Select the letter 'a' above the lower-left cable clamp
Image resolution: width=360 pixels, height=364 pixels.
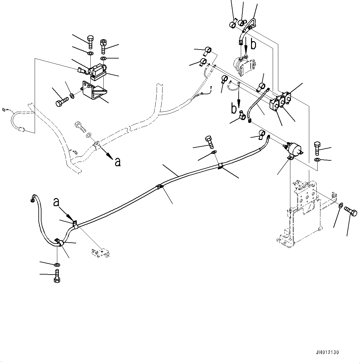coord(56,202)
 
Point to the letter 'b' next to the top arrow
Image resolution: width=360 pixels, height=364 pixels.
coord(253,45)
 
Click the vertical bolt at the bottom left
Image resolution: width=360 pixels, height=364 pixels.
coord(57,275)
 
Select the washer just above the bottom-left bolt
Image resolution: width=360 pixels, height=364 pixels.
coord(57,265)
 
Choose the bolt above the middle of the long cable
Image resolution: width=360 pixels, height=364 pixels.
coord(209,141)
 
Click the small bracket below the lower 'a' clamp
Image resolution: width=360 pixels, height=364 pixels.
coord(100,253)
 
